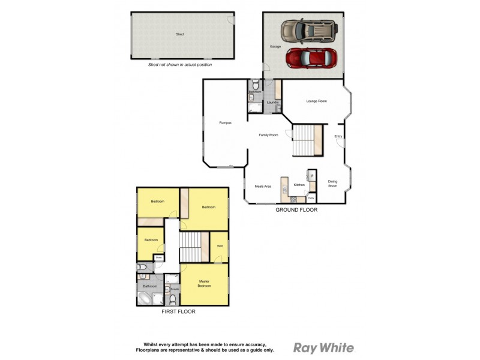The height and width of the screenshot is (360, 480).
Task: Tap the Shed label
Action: tap(179, 35)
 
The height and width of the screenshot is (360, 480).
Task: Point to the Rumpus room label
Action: tap(226, 122)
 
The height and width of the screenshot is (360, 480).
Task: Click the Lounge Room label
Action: tap(316, 101)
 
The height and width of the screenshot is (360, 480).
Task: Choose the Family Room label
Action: tap(268, 135)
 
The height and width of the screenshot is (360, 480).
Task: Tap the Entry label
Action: tap(338, 137)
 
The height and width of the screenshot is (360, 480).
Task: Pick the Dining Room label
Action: tap(332, 184)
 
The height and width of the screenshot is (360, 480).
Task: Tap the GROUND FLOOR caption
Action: tap(296, 210)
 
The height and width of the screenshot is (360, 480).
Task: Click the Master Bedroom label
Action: tap(205, 284)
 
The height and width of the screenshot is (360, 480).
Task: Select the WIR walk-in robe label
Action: tap(220, 246)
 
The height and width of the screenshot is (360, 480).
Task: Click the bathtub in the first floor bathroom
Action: tap(146, 297)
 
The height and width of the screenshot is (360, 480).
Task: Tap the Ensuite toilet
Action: tap(173, 298)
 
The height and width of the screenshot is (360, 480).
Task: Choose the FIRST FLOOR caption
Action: tap(178, 311)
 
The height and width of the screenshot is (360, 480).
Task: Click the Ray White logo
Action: tap(323, 347)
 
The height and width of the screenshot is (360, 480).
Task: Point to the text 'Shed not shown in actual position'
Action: tap(179, 65)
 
